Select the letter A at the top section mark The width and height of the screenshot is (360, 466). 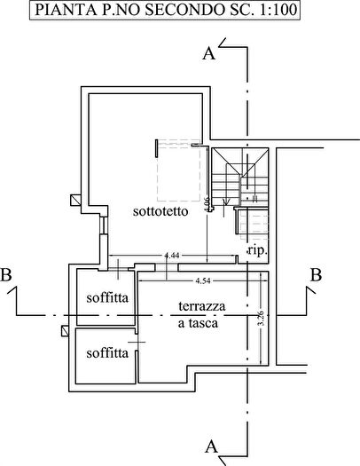[x=209, y=55]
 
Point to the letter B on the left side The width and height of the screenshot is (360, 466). [x=8, y=275]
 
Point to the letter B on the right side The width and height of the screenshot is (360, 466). [x=314, y=275]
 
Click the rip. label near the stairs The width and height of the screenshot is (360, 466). [x=257, y=252]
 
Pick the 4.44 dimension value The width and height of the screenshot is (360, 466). [x=172, y=256]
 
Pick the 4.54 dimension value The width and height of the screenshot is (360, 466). [x=202, y=281]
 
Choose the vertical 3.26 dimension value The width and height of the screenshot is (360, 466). [x=260, y=318]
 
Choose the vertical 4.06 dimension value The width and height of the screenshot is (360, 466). [x=206, y=203]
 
